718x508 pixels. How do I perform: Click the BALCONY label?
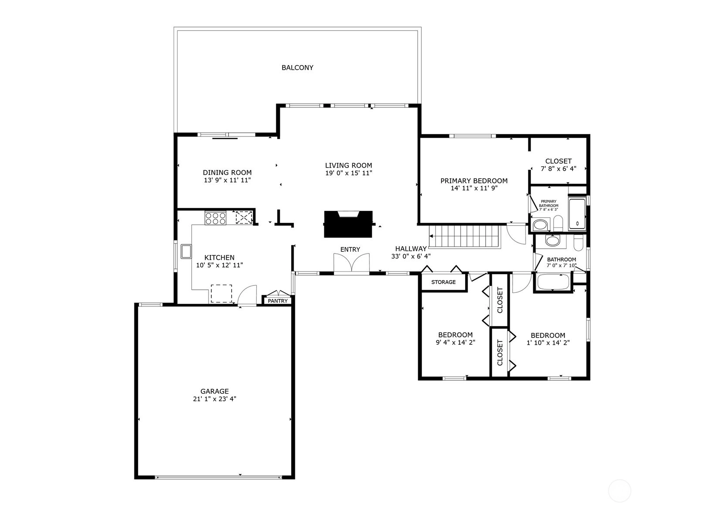coord(297,67)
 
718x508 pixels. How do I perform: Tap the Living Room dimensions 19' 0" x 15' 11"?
coord(348,173)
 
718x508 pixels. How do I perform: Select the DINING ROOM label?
coord(227,173)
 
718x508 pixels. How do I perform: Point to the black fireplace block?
coord(348,224)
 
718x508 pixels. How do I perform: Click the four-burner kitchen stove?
coord(215,218)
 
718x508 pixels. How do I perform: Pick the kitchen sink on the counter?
coord(186,251)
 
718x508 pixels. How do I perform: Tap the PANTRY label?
coord(278,301)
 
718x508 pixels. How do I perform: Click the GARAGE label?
coord(214,391)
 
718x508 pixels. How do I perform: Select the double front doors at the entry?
coord(352,264)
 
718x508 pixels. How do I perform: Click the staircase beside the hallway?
coord(465,237)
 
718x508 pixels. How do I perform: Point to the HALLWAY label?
coord(411,248)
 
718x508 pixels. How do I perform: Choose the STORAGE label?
coord(443,282)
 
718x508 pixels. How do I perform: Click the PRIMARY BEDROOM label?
coord(474,181)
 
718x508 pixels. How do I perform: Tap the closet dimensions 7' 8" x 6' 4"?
coord(558,168)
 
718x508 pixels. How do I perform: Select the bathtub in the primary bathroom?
coord(577,213)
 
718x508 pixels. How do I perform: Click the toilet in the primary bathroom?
coord(558,223)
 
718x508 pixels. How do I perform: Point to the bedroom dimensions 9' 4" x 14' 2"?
coord(455,343)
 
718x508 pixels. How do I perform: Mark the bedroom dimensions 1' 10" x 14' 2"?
coord(548,343)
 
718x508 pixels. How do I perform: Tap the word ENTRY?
coord(350,249)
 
